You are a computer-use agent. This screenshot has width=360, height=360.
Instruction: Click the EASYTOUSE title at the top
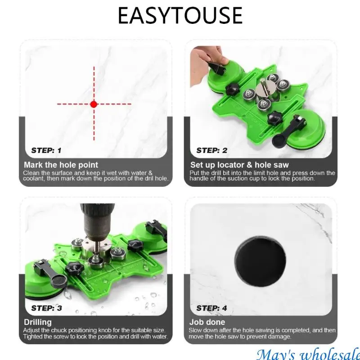coord(180,15)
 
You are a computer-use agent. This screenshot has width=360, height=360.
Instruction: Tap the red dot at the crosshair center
coord(94,104)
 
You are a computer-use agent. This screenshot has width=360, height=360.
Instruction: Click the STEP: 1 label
coord(46,150)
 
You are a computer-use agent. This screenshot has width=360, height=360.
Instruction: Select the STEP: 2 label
coord(211,150)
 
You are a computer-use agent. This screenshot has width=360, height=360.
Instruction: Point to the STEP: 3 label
coord(47,308)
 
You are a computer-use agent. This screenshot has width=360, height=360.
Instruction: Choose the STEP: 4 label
coord(211,308)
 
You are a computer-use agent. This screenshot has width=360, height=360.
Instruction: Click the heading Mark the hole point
coord(61,165)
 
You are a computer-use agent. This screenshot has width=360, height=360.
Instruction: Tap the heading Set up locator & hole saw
coord(239,165)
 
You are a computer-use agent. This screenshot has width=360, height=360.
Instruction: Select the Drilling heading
coord(38,322)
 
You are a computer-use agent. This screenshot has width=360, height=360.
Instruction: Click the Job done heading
coord(207,322)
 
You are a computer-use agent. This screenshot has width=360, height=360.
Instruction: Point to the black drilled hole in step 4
coord(261,262)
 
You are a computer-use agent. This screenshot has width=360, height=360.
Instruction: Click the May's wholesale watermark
coord(308,355)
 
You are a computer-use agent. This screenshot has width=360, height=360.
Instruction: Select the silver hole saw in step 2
coord(266,88)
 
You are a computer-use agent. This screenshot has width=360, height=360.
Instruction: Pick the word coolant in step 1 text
coord(33,179)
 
